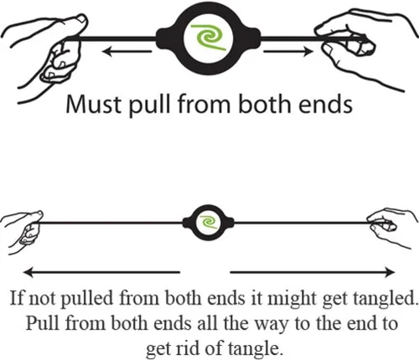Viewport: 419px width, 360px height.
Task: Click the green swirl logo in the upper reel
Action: point(208,38)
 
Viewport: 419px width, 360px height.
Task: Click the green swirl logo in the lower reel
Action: point(209,222)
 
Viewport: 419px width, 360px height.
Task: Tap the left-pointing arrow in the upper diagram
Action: point(127,51)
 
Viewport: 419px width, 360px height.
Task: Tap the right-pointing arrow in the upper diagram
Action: point(288,51)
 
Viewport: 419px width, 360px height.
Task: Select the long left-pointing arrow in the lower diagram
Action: point(101,272)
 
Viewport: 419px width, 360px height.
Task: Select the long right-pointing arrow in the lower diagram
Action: point(313,272)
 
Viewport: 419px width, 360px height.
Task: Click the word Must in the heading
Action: point(94,104)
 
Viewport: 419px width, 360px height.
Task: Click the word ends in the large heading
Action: point(325,104)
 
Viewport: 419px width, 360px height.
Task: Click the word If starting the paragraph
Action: point(18,298)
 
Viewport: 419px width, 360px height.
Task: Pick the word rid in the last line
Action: point(189,348)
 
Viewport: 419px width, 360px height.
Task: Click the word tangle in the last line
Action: point(254,349)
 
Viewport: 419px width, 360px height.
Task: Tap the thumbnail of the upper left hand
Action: point(82,19)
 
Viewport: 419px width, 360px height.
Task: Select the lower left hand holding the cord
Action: point(23,231)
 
